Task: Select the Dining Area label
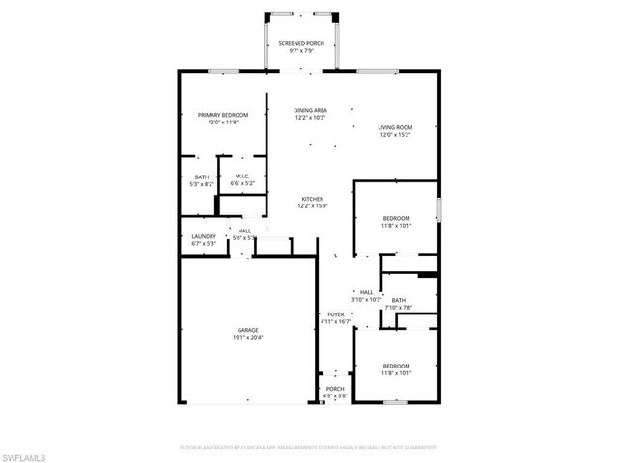point(310,110)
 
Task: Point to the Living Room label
point(395,127)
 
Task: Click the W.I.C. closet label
point(243,176)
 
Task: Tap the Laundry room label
point(203,236)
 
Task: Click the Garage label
point(247,330)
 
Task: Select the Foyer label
point(335,314)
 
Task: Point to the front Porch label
point(334,389)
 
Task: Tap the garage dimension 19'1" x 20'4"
point(247,338)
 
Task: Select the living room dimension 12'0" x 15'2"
point(395,135)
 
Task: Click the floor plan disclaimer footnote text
point(309,448)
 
